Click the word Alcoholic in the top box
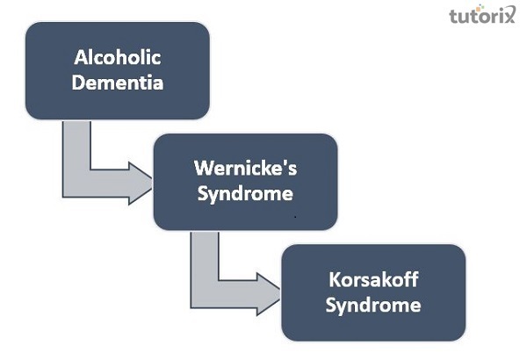pyautogui.click(x=117, y=61)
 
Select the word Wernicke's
pyautogui.click(x=245, y=168)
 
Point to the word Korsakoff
pyautogui.click(x=373, y=282)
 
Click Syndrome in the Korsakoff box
pyautogui.click(x=373, y=305)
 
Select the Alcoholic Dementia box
pyautogui.click(x=117, y=71)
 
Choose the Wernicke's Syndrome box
pyautogui.click(x=245, y=180)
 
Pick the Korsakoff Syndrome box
pyautogui.click(x=373, y=292)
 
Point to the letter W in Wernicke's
pyautogui.click(x=202, y=168)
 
